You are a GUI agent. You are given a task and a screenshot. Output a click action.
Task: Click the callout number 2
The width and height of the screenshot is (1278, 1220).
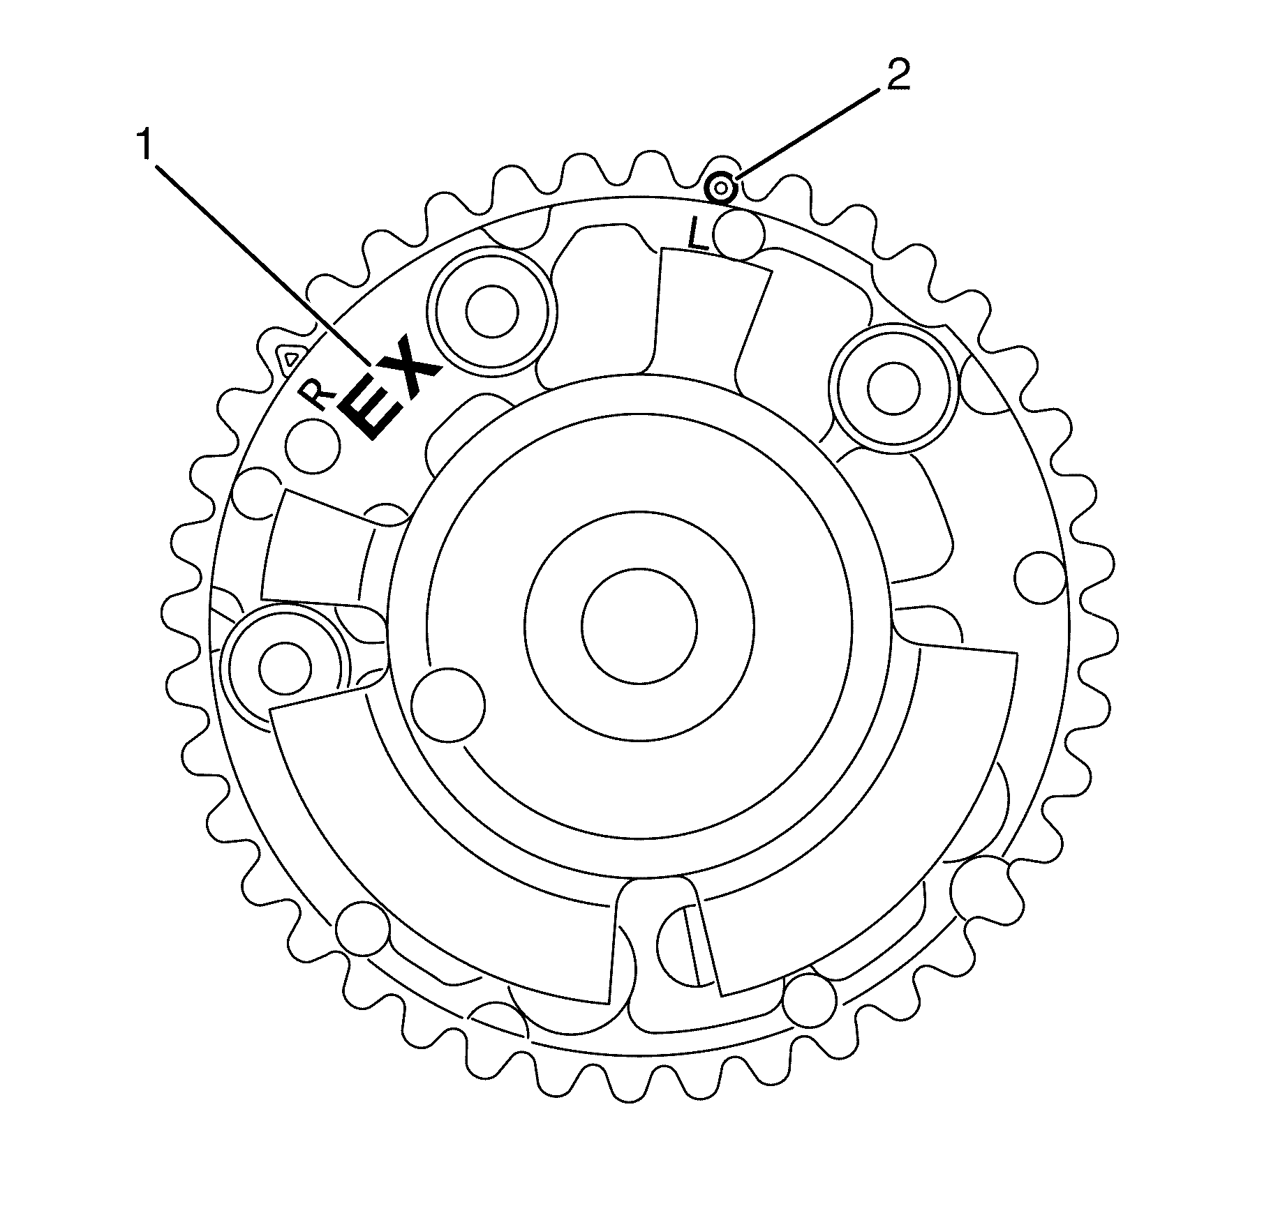point(898,75)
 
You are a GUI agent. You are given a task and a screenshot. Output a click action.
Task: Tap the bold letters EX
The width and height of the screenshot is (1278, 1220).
point(392,390)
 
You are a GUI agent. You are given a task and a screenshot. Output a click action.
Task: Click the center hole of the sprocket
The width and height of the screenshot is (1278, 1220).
point(639,624)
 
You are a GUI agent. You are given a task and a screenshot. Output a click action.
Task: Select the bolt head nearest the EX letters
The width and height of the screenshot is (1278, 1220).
point(493,311)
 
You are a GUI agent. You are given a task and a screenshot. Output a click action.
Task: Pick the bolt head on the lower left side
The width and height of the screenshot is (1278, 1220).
point(284,668)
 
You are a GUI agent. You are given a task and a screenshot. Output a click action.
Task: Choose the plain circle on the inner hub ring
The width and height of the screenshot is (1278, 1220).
point(447,705)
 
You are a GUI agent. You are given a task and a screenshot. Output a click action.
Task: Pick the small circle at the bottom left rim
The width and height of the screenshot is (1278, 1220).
point(364,926)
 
